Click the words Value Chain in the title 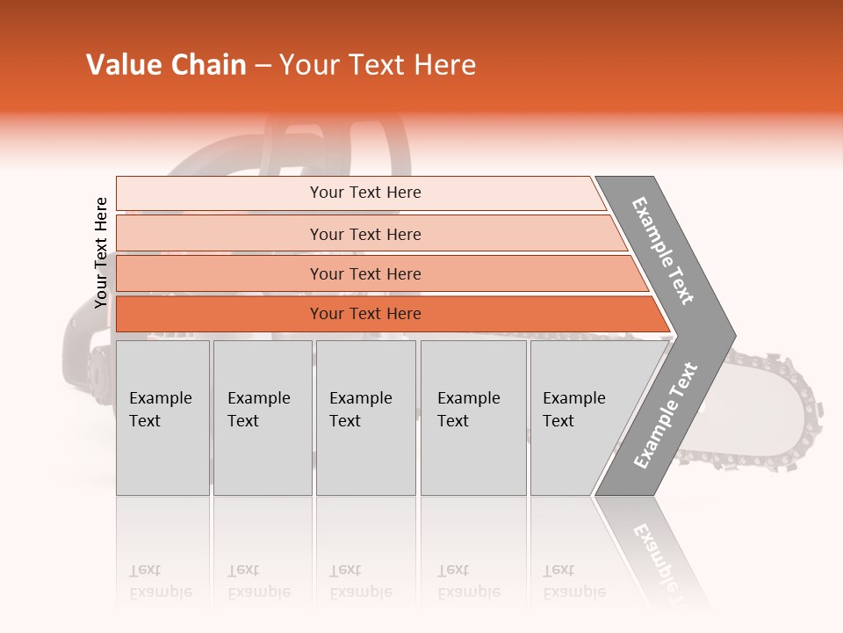[166, 65]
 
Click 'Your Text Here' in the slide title [378, 65]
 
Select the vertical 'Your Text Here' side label [102, 252]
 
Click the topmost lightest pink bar [364, 193]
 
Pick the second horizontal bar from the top [364, 234]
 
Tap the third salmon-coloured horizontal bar [364, 273]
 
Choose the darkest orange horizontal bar [364, 314]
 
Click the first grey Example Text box [162, 418]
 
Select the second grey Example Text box [262, 418]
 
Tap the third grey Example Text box [365, 418]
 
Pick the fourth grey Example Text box [472, 418]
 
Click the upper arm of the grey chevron [665, 251]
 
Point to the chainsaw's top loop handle [290, 141]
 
